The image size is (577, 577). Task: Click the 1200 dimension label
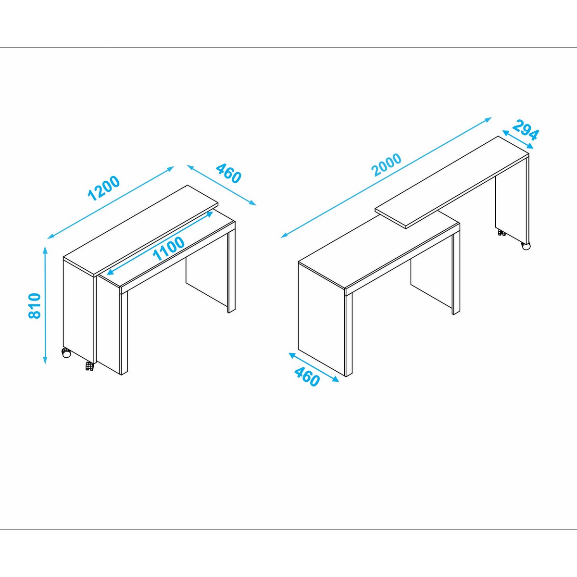(103, 188)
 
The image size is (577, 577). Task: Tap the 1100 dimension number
(169, 249)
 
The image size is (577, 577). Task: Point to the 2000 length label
(386, 164)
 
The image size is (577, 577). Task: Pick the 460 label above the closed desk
(228, 173)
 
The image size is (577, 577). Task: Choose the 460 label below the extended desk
(307, 376)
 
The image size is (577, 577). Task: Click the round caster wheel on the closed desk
(66, 353)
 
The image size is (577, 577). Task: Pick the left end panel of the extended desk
(322, 319)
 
